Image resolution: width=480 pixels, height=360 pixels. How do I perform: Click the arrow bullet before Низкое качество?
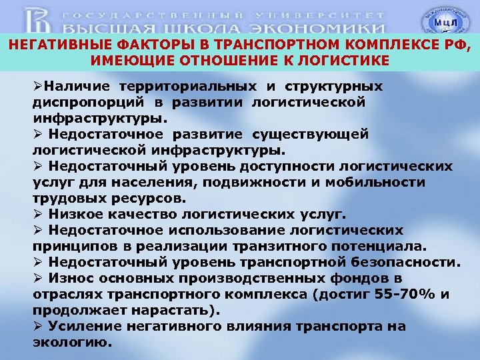(37, 214)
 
